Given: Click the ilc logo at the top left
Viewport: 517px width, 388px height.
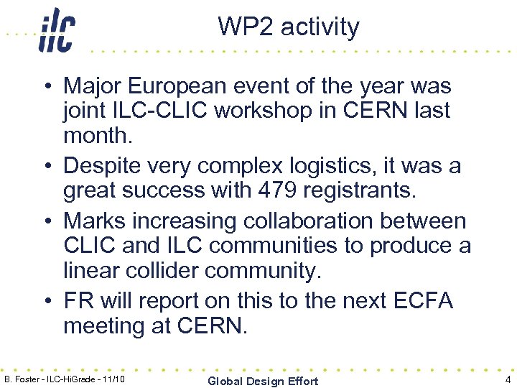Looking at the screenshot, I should click(x=57, y=30).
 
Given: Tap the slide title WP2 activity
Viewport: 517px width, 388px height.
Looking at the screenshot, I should click(x=289, y=27).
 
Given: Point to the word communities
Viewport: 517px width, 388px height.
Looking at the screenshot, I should click(x=262, y=245).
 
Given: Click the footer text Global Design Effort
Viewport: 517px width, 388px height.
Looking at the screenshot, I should click(x=262, y=381).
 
